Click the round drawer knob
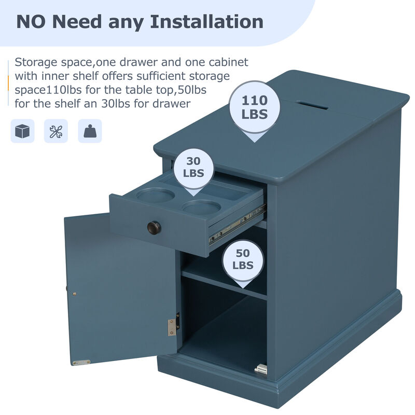[x=154, y=227]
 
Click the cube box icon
[x=22, y=131]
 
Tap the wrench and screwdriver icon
[x=56, y=131]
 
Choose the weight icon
[x=90, y=131]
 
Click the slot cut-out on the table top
[x=312, y=105]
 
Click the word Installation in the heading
[x=206, y=22]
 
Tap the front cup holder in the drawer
[x=202, y=207]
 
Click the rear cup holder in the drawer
[x=155, y=195]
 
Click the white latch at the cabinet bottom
[x=261, y=369]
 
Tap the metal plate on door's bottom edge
[x=81, y=362]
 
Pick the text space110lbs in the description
[x=48, y=90]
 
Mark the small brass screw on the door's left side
[x=75, y=294]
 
